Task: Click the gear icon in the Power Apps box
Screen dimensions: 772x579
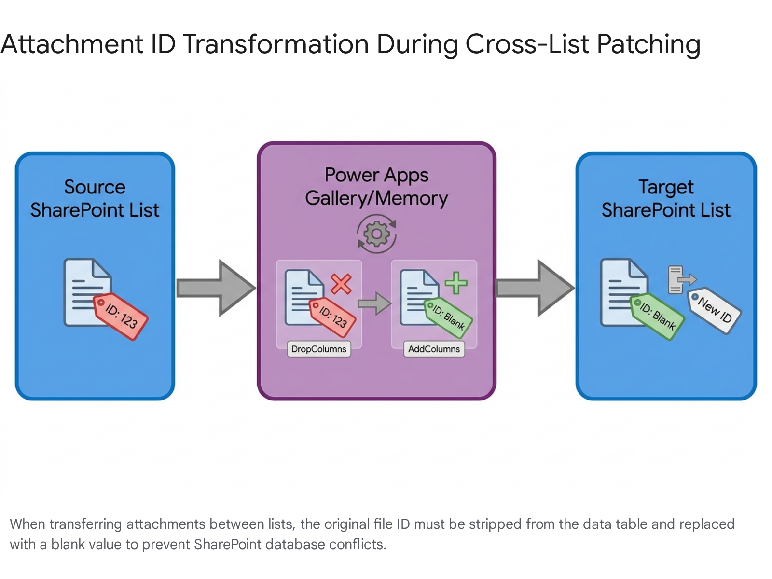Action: tap(376, 234)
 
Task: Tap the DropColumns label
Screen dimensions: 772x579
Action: tap(318, 349)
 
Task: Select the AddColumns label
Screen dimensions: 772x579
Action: tap(434, 349)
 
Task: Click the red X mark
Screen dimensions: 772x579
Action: tap(341, 284)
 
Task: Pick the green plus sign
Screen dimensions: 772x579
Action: tap(456, 283)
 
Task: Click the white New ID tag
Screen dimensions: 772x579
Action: tap(714, 310)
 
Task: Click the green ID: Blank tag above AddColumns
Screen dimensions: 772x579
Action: tap(448, 318)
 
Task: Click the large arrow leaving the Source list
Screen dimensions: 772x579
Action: tap(216, 288)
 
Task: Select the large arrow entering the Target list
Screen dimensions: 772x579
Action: tap(535, 288)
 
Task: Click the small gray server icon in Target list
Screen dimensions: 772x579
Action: tap(682, 279)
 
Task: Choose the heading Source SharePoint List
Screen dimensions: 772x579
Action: tap(95, 199)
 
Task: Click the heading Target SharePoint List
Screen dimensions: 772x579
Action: tap(666, 199)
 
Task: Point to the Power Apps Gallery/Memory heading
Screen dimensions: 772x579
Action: tap(376, 187)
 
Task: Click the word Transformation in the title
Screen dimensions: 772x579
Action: tap(276, 44)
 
